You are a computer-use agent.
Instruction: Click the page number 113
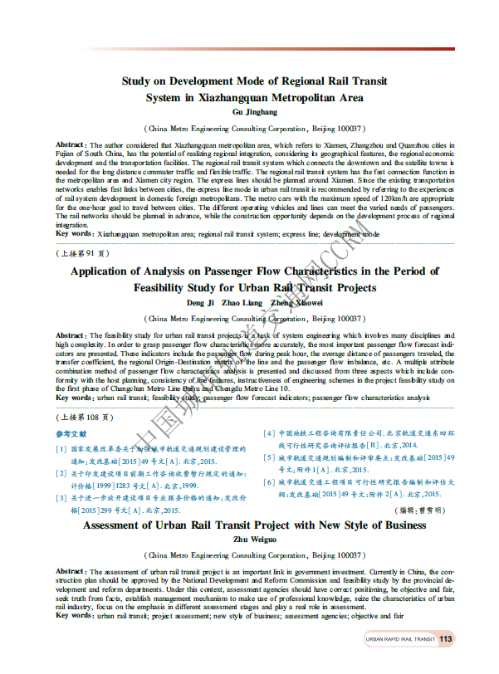point(446,638)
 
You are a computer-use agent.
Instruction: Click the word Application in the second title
point(105,271)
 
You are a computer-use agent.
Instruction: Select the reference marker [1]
point(61,449)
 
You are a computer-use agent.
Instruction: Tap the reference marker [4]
point(269,433)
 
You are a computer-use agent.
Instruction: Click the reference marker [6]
point(269,482)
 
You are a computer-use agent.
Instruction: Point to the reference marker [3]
point(61,498)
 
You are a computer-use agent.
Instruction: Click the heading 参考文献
point(71,434)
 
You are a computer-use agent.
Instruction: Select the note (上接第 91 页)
point(81,252)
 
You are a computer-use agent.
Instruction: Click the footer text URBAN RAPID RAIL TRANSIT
point(401,639)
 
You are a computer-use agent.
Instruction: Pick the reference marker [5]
point(269,458)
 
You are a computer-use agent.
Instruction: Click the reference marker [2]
point(61,473)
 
